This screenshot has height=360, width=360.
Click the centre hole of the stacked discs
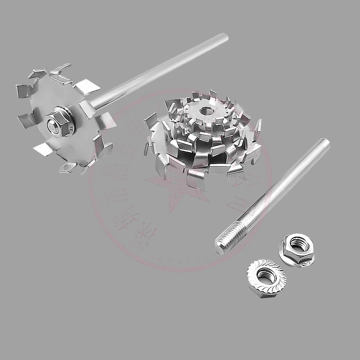(207, 110)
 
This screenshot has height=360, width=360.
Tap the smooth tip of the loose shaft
(325, 143)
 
